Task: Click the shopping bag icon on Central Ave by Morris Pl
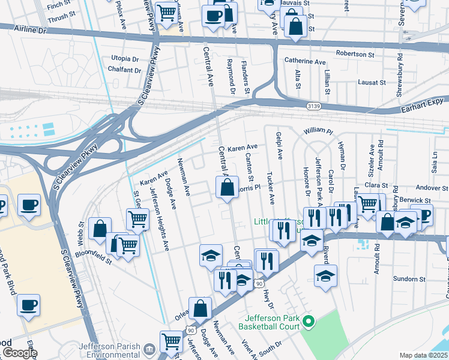(228, 188)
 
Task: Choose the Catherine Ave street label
(305, 61)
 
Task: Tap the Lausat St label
(371, 82)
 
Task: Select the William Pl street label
(318, 130)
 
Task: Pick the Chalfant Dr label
(125, 70)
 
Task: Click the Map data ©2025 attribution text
(424, 355)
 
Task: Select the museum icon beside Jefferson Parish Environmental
(150, 347)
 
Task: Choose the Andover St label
(428, 187)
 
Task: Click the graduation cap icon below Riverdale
(325, 275)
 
